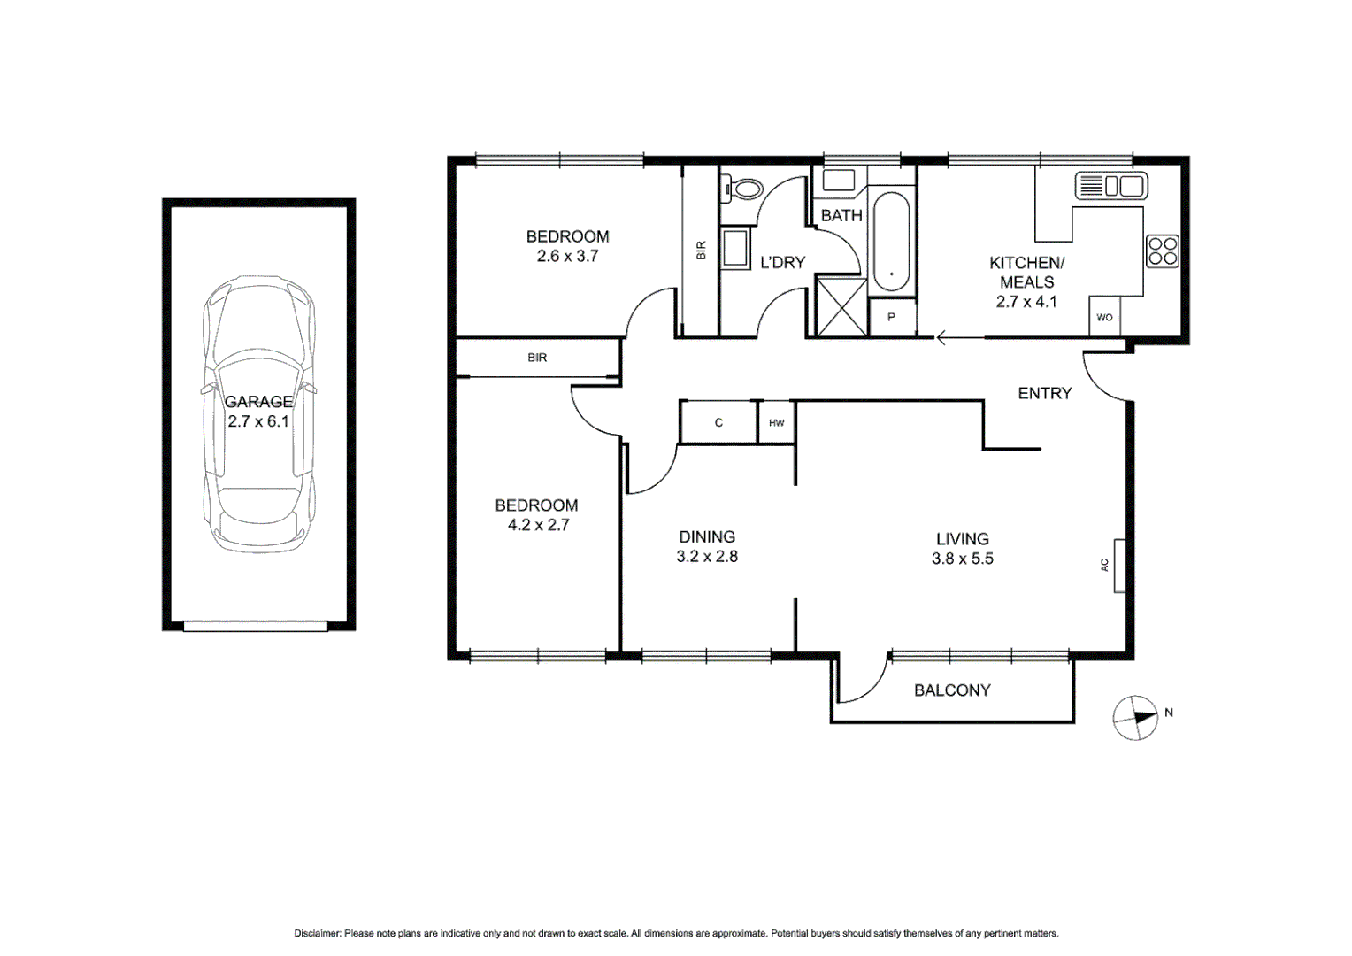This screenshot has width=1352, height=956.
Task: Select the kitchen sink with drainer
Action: pos(1110,186)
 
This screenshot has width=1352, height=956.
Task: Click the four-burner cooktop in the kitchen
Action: pos(1162,251)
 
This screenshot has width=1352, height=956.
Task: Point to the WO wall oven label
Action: pos(1104,318)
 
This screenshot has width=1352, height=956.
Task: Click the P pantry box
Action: pos(891,318)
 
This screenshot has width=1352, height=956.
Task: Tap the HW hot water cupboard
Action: pos(776,423)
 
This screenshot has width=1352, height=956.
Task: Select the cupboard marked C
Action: pos(718,423)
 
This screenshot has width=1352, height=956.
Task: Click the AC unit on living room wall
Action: pos(1118,565)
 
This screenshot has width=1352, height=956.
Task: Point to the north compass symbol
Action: pos(1136,717)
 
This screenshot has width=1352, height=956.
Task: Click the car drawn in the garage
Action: pos(258,413)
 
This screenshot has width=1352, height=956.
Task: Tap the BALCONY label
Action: pos(952,690)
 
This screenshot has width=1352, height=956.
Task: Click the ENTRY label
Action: pos(1044,393)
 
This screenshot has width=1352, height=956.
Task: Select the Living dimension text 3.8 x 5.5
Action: pos(962,559)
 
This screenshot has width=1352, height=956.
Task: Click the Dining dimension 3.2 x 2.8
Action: pos(706,557)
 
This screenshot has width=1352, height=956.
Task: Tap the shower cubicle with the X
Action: pos(841,306)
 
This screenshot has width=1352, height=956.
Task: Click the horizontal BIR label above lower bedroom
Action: pos(537,358)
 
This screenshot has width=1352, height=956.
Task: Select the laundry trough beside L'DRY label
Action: pos(735,249)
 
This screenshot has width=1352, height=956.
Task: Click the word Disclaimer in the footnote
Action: pos(317,933)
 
